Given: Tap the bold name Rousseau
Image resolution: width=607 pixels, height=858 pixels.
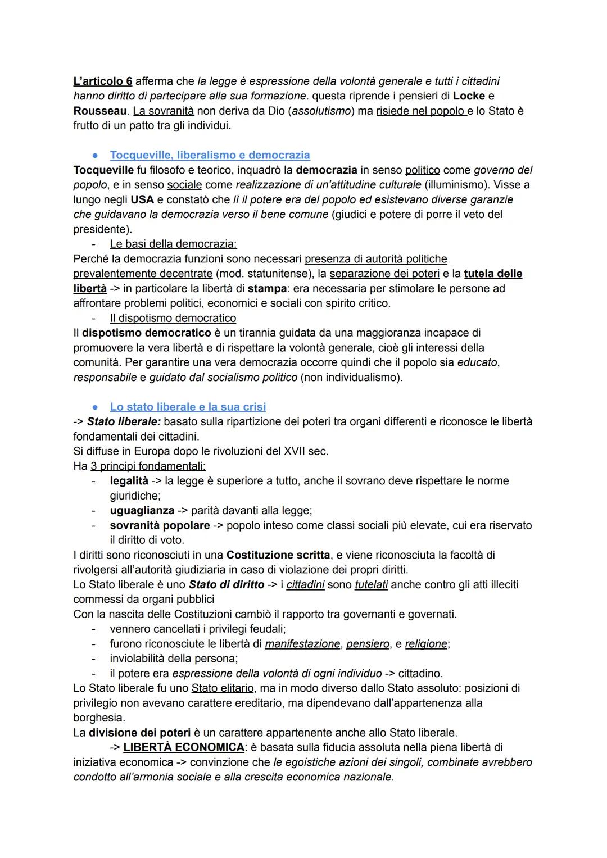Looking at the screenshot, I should [99, 111].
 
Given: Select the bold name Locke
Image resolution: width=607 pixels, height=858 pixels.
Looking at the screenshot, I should [469, 96].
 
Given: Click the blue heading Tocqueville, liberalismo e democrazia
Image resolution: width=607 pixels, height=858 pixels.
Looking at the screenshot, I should [210, 155].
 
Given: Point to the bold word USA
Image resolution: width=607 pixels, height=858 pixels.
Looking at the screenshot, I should [142, 200].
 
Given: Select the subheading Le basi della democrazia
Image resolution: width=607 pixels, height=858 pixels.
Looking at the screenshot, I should [173, 244].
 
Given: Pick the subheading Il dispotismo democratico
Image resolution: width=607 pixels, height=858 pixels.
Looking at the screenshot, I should [173, 319].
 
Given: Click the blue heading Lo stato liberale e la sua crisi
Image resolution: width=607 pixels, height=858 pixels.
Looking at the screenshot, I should [188, 407].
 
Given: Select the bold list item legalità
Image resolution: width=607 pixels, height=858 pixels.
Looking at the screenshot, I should [129, 481].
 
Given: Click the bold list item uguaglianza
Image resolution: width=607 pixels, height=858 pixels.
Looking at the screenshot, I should [142, 511].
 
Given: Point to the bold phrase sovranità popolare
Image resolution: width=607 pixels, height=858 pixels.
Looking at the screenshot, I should [160, 526].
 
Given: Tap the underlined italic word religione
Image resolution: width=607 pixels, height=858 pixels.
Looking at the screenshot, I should [426, 644].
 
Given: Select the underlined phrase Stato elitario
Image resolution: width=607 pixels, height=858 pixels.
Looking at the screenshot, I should [223, 688].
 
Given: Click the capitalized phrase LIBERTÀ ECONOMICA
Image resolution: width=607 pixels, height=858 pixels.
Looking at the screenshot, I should [184, 748].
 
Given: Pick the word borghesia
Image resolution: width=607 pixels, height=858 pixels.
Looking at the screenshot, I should [99, 718].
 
